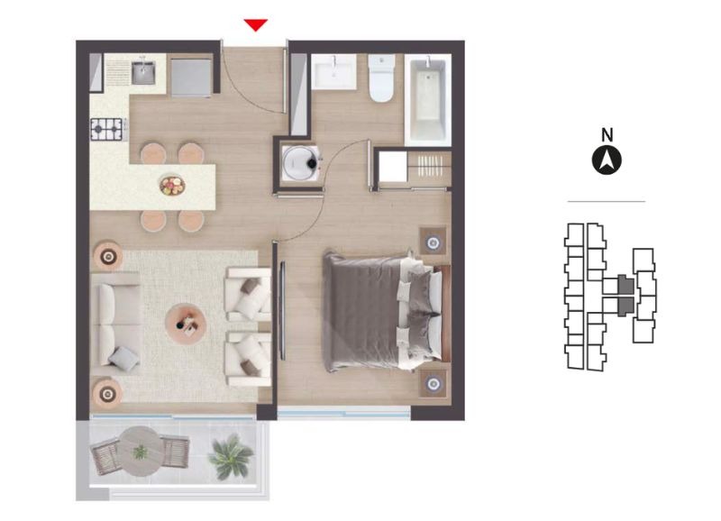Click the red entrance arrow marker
point(256,25)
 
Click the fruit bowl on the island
point(172,186)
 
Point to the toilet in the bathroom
point(381,78)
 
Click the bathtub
point(427,100)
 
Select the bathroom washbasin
point(333,72)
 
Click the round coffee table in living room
point(186,324)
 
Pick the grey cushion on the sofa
point(123,359)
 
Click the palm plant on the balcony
point(230,457)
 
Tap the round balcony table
point(141,451)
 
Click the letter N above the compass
point(607,134)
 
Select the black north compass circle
point(607,160)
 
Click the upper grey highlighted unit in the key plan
point(625,285)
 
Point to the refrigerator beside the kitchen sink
point(191,77)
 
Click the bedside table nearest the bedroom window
point(433,383)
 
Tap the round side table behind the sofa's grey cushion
point(107,394)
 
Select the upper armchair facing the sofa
point(249,295)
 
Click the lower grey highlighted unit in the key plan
point(625,306)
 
